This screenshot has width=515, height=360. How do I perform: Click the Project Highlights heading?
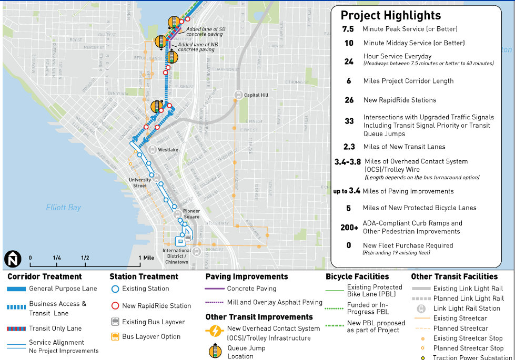[391, 15]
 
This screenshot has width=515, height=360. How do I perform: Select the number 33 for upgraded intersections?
[349, 121]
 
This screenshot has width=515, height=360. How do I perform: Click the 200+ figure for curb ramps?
[349, 228]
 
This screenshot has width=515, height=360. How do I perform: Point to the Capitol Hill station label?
[256, 95]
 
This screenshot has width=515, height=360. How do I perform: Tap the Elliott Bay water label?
[63, 207]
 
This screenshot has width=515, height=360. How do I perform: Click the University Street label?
[140, 183]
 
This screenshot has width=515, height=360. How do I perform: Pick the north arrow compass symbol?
[12, 259]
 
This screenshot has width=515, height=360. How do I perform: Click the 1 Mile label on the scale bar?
[145, 258]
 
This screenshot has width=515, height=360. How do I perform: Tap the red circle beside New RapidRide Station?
[115, 305]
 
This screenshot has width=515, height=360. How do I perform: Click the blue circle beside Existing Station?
[115, 289]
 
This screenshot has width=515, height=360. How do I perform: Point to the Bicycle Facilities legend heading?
[357, 276]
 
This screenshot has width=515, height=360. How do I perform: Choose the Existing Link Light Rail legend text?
[468, 289]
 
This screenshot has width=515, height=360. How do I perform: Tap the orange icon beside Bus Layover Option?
[115, 337]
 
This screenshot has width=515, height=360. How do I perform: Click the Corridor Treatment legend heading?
[45, 276]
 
